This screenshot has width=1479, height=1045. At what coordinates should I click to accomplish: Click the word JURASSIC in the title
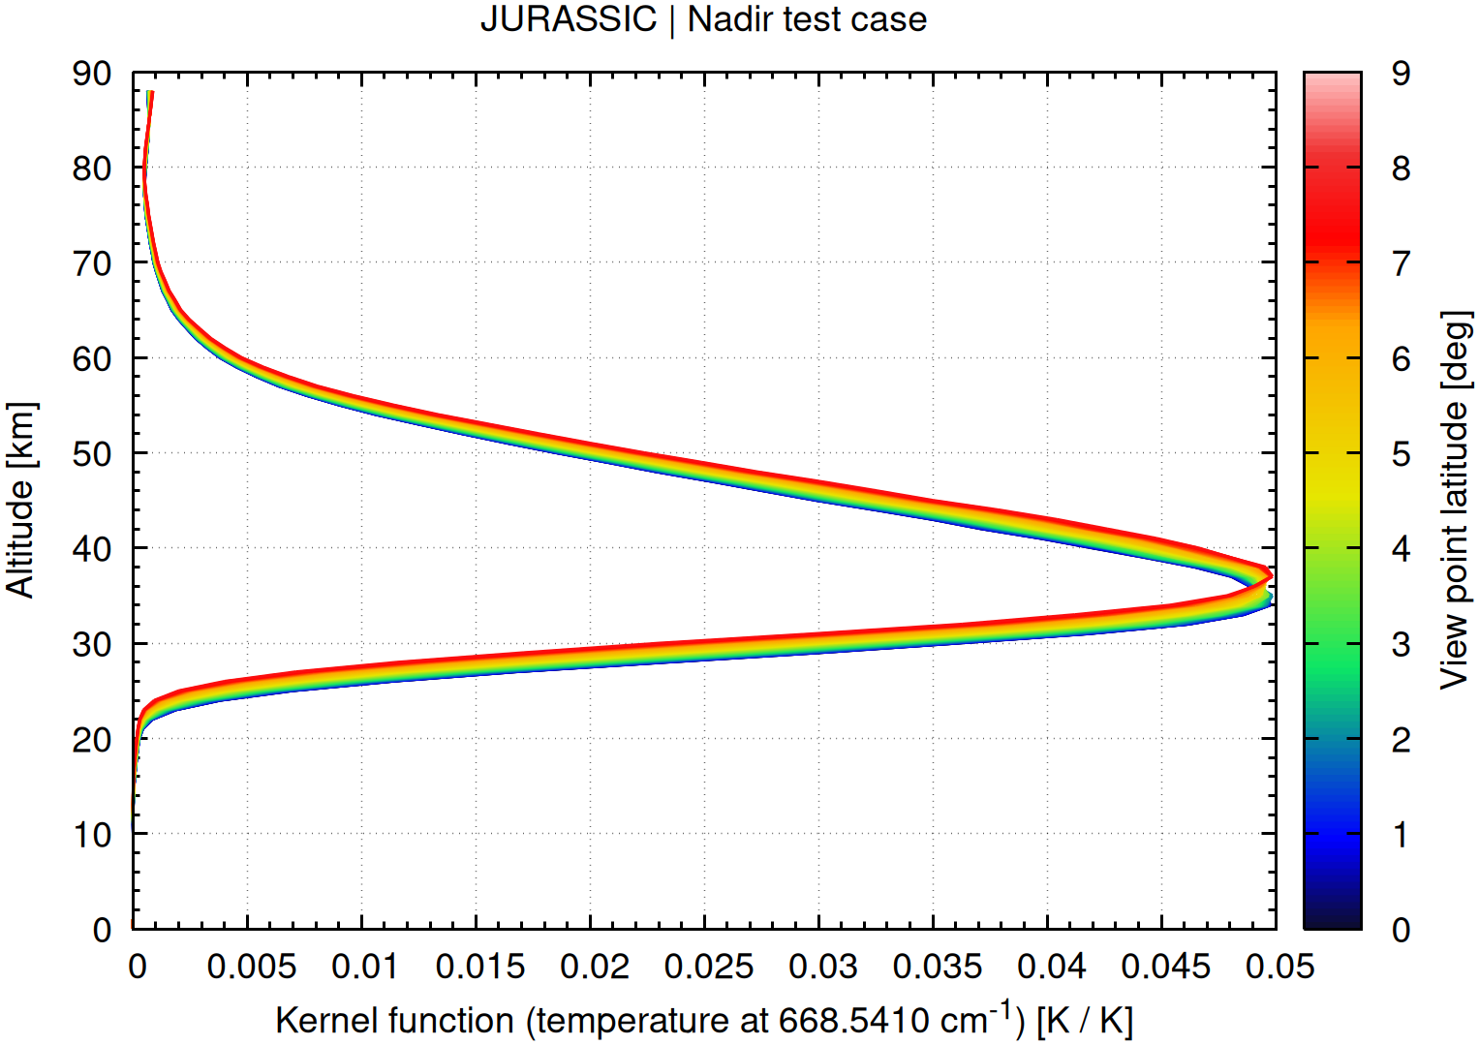coord(569,19)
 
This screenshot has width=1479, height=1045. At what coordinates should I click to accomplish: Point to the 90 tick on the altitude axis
coord(92,73)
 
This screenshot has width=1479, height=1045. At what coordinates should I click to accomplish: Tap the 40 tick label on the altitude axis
coord(92,548)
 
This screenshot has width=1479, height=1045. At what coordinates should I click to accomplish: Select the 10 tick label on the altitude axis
coord(92,834)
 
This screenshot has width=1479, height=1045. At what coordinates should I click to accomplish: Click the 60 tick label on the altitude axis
coord(92,358)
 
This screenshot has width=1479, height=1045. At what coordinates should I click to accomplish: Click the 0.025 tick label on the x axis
coord(708,966)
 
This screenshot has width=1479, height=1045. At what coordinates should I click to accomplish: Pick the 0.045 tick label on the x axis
coord(1165,966)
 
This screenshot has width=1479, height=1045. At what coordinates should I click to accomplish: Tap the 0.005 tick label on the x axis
coord(251,966)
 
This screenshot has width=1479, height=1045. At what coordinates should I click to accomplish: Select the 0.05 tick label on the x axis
coord(1279,966)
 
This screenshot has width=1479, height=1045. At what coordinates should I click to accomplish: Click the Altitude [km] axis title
coord(21,500)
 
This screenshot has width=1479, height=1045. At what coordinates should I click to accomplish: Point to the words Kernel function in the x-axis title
coord(394,1021)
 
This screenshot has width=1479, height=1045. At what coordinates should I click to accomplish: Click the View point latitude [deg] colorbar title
coord(1455,500)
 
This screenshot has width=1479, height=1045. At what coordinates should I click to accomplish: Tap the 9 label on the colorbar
coord(1401,73)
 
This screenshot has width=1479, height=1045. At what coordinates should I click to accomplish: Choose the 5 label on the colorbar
coord(1401,453)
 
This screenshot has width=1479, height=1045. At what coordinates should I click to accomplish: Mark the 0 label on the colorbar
coord(1401,930)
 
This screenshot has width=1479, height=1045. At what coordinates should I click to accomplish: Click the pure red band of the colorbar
coord(1332,232)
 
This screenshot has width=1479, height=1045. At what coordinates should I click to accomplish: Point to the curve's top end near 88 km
coord(150,92)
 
